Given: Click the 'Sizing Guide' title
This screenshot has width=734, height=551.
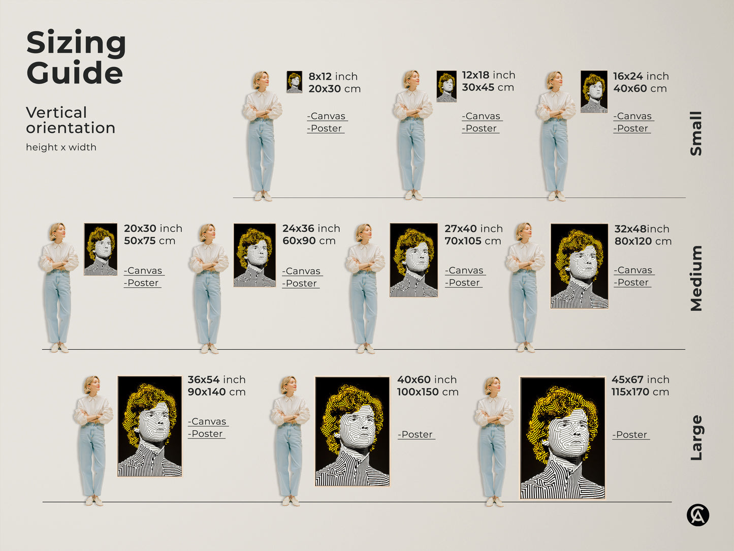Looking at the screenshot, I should pyautogui.click(x=76, y=57).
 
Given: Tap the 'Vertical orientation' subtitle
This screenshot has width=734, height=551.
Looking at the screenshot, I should pyautogui.click(x=71, y=120).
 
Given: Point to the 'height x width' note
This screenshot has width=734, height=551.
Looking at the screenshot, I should pyautogui.click(x=61, y=147).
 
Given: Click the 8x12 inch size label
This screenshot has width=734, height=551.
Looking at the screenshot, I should pyautogui.click(x=333, y=76).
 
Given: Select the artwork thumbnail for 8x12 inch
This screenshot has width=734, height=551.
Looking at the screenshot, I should pyautogui.click(x=294, y=82).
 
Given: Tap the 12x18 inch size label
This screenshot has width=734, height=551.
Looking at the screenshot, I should pyautogui.click(x=488, y=75).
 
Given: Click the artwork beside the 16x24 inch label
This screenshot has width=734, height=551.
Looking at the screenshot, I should pyautogui.click(x=594, y=91).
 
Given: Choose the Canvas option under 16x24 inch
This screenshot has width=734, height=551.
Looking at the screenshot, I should pyautogui.click(x=633, y=116).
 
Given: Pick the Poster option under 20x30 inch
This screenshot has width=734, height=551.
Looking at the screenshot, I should pyautogui.click(x=143, y=283).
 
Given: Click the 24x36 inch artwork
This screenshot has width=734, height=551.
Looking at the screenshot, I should pyautogui.click(x=254, y=255).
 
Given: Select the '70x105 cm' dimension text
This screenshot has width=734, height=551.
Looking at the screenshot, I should pyautogui.click(x=472, y=241).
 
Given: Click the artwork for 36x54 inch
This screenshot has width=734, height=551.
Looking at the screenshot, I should pyautogui.click(x=149, y=426).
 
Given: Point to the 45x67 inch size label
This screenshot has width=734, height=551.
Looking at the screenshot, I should pyautogui.click(x=640, y=380).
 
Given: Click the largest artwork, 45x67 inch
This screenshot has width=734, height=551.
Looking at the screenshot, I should pyautogui.click(x=563, y=438).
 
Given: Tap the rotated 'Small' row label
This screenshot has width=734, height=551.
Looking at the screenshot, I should pyautogui.click(x=696, y=133).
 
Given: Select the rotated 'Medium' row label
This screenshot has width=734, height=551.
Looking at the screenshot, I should pyautogui.click(x=696, y=278).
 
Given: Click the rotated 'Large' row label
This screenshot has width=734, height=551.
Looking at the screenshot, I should pyautogui.click(x=696, y=438).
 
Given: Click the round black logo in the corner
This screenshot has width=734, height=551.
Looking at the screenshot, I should pyautogui.click(x=698, y=515).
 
